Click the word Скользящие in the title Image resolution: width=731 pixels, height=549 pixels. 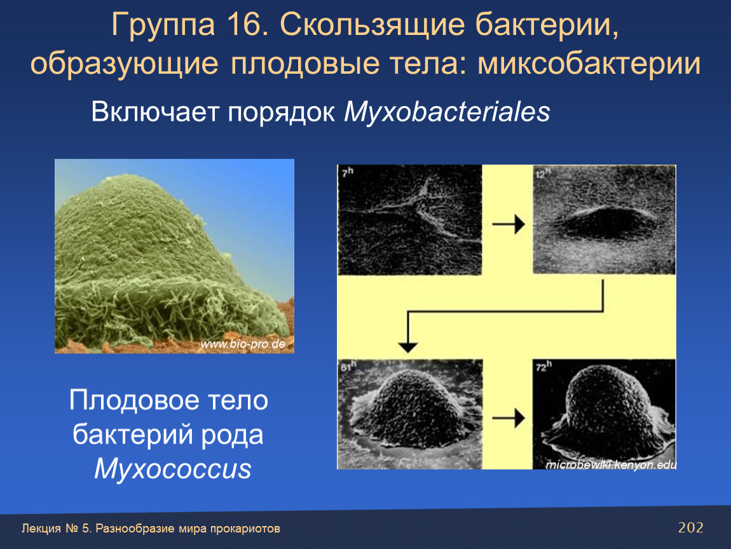(x=372, y=25)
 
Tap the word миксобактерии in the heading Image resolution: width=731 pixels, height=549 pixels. (x=589, y=64)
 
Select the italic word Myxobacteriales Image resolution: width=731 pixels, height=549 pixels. (x=447, y=112)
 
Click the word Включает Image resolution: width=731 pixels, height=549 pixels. (x=154, y=112)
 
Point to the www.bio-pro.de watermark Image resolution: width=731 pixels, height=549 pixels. (x=243, y=344)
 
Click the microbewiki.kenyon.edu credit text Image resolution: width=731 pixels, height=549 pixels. (x=611, y=464)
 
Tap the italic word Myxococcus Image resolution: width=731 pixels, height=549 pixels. (x=172, y=469)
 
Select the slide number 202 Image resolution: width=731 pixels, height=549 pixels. (x=690, y=527)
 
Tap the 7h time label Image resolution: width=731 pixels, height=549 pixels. (x=347, y=172)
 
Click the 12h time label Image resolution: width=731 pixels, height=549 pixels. (x=543, y=173)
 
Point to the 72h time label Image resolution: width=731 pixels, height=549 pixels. (x=543, y=366)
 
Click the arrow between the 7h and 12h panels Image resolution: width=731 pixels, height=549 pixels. (x=509, y=224)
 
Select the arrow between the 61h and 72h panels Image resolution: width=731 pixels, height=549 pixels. (x=509, y=418)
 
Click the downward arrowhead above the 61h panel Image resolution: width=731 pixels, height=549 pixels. (x=408, y=348)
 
